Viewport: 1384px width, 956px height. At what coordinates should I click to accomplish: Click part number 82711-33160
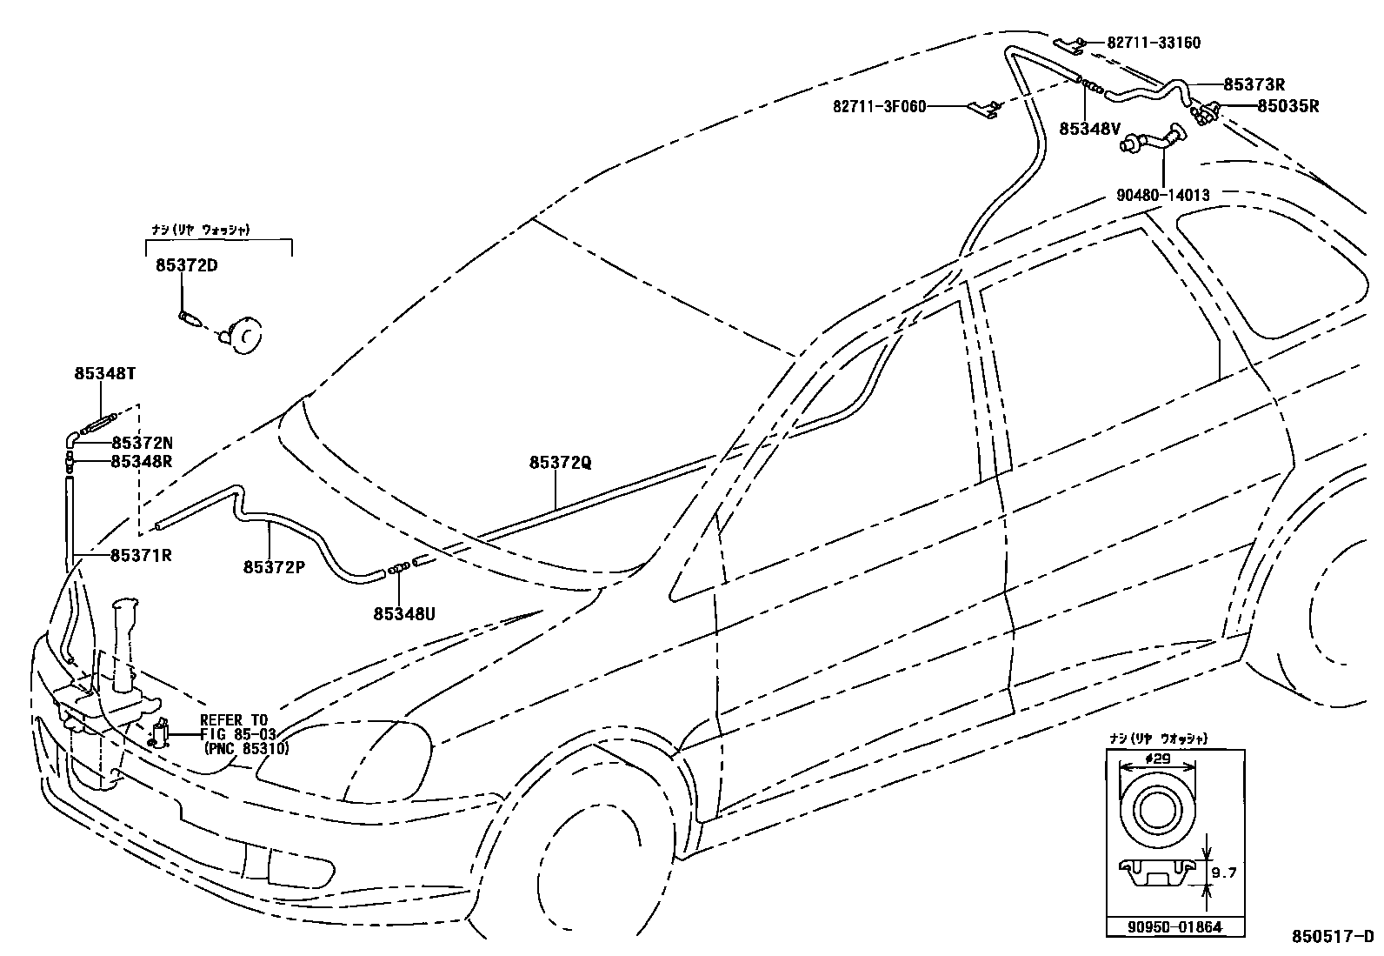click(1154, 43)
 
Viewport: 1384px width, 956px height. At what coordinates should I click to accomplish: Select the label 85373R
click(1254, 84)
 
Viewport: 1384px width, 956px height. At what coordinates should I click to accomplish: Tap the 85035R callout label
click(1288, 107)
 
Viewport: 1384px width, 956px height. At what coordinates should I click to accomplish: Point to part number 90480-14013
click(1162, 196)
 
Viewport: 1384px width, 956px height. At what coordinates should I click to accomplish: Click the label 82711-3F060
click(879, 107)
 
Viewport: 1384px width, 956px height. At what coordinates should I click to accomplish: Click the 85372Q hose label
click(560, 463)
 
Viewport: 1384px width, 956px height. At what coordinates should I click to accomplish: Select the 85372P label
click(274, 566)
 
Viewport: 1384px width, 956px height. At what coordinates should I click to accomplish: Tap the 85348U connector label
click(403, 613)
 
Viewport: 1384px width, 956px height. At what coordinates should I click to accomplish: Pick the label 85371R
click(140, 555)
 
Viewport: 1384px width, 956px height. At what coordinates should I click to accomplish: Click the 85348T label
click(103, 373)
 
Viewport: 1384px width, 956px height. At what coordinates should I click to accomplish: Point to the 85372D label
click(186, 265)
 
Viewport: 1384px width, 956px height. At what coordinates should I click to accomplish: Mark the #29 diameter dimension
click(1156, 759)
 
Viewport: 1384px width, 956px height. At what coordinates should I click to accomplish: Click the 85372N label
click(142, 443)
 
